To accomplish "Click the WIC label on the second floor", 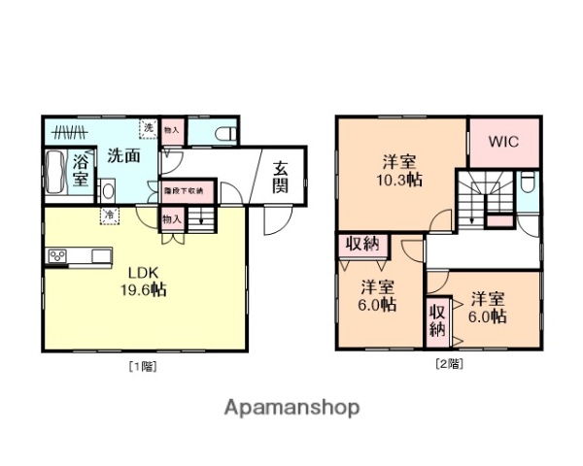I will (503, 142).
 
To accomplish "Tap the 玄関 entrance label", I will (280, 176).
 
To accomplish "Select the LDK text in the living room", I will (132, 272).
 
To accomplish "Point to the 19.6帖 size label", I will (138, 289).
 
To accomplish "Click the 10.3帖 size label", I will (398, 181).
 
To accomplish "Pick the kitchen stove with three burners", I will (55, 257).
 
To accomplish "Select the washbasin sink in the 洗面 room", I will (106, 190).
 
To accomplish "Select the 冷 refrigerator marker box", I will (110, 214).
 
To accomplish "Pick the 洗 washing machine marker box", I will (149, 129).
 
